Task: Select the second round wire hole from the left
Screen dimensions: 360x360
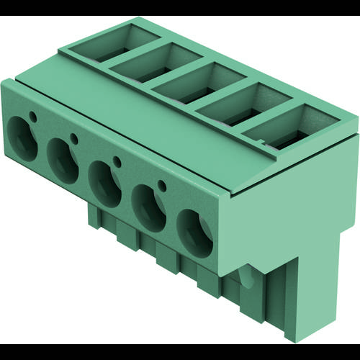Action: pyautogui.click(x=62, y=153)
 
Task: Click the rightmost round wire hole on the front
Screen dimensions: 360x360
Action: pyautogui.click(x=195, y=232)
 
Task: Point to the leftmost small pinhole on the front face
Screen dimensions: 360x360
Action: pyautogui.click(x=32, y=115)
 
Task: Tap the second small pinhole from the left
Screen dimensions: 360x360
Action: pyautogui.click(x=73, y=138)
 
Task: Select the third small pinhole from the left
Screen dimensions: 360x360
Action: pyautogui.click(x=117, y=161)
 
